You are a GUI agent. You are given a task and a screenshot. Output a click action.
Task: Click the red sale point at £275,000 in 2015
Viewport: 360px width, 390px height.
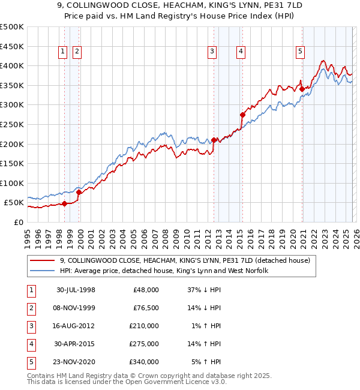tap(242, 115)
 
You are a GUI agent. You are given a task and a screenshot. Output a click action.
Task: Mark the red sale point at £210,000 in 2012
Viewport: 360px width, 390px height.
tap(214, 140)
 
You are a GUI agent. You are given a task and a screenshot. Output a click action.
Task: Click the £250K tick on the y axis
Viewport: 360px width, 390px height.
tap(12, 124)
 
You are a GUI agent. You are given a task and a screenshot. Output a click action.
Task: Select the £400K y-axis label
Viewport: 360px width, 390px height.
tap(12, 65)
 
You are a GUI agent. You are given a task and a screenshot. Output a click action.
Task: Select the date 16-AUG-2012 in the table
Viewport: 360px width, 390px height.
tap(75, 326)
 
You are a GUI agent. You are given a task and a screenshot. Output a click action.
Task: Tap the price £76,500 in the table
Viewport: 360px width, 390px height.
tap(146, 308)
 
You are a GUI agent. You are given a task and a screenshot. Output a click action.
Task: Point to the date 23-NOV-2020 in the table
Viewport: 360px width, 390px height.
tap(75, 362)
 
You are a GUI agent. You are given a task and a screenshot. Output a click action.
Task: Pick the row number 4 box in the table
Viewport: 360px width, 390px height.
tap(30, 344)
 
